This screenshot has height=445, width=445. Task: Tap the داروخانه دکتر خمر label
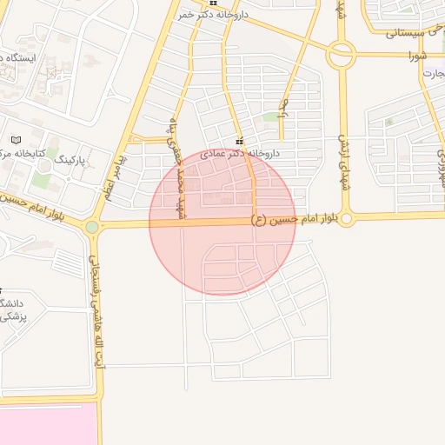(x=216, y=15)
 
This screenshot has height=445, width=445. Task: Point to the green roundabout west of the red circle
(x=92, y=227)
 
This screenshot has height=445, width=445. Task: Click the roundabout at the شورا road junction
(x=342, y=55)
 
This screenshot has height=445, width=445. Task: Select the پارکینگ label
(x=71, y=160)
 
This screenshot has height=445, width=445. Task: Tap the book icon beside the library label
(x=16, y=139)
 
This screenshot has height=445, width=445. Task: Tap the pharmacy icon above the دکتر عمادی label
(x=239, y=142)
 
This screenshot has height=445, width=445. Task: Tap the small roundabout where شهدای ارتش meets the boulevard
(x=347, y=219)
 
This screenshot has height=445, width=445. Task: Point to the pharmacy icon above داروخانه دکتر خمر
(x=213, y=3)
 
